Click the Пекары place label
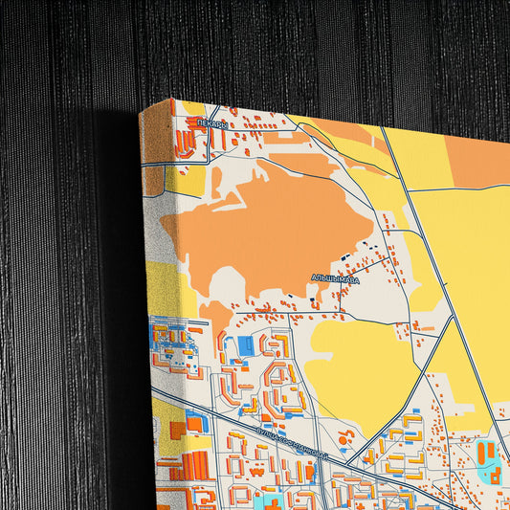tap(212, 123)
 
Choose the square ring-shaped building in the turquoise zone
tap(496, 472)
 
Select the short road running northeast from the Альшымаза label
tap(378, 263)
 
